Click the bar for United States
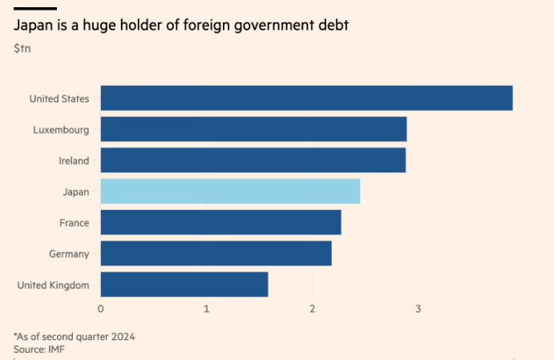tap(306, 98)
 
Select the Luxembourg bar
tap(253, 129)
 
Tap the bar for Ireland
tap(253, 160)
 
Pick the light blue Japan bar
tap(230, 192)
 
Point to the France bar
tap(220, 222)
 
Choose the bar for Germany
tap(216, 253)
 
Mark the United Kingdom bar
tap(184, 285)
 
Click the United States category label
tap(59, 99)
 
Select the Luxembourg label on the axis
tap(61, 130)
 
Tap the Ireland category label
tap(74, 161)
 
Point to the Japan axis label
tap(75, 192)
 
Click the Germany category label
tap(69, 254)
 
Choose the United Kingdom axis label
tap(53, 285)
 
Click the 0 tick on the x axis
tap(101, 309)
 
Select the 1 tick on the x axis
tap(207, 309)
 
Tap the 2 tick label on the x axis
tap(313, 309)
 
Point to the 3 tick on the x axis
tap(419, 309)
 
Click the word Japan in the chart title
tap(33, 26)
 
